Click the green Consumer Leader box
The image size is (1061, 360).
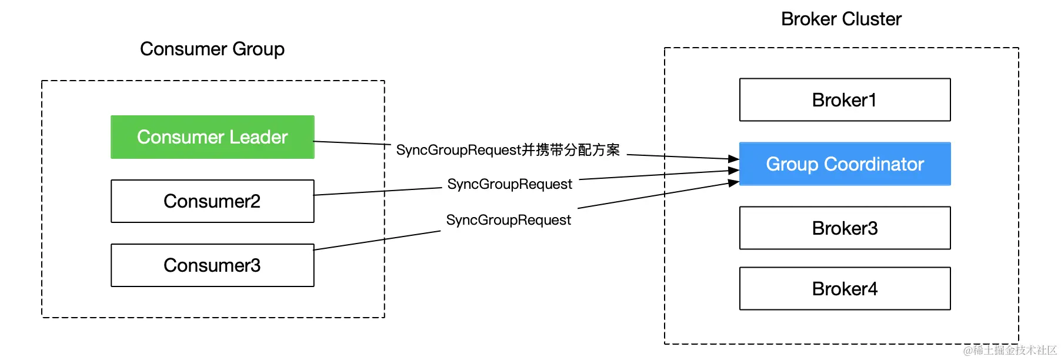[x=212, y=137]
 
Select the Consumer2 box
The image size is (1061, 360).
[x=212, y=201]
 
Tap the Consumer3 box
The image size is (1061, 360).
[x=212, y=265]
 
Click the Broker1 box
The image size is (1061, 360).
[x=845, y=100]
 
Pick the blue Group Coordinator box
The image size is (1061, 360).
[x=845, y=164]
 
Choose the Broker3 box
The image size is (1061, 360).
[x=845, y=228]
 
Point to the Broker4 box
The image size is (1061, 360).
[x=845, y=289]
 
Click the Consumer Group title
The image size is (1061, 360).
[x=212, y=49]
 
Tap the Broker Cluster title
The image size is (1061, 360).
[x=841, y=19]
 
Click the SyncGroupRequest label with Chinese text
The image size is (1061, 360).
[x=508, y=150]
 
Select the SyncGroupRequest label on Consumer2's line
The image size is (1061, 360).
[x=509, y=184]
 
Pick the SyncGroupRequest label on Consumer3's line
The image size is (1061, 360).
[x=508, y=220]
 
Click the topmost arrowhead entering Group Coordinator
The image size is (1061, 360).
[x=734, y=159]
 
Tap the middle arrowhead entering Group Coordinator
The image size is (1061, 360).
[x=734, y=171]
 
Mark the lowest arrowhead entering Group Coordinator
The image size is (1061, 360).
[x=734, y=183]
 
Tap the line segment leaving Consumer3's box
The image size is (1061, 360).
[x=376, y=241]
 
